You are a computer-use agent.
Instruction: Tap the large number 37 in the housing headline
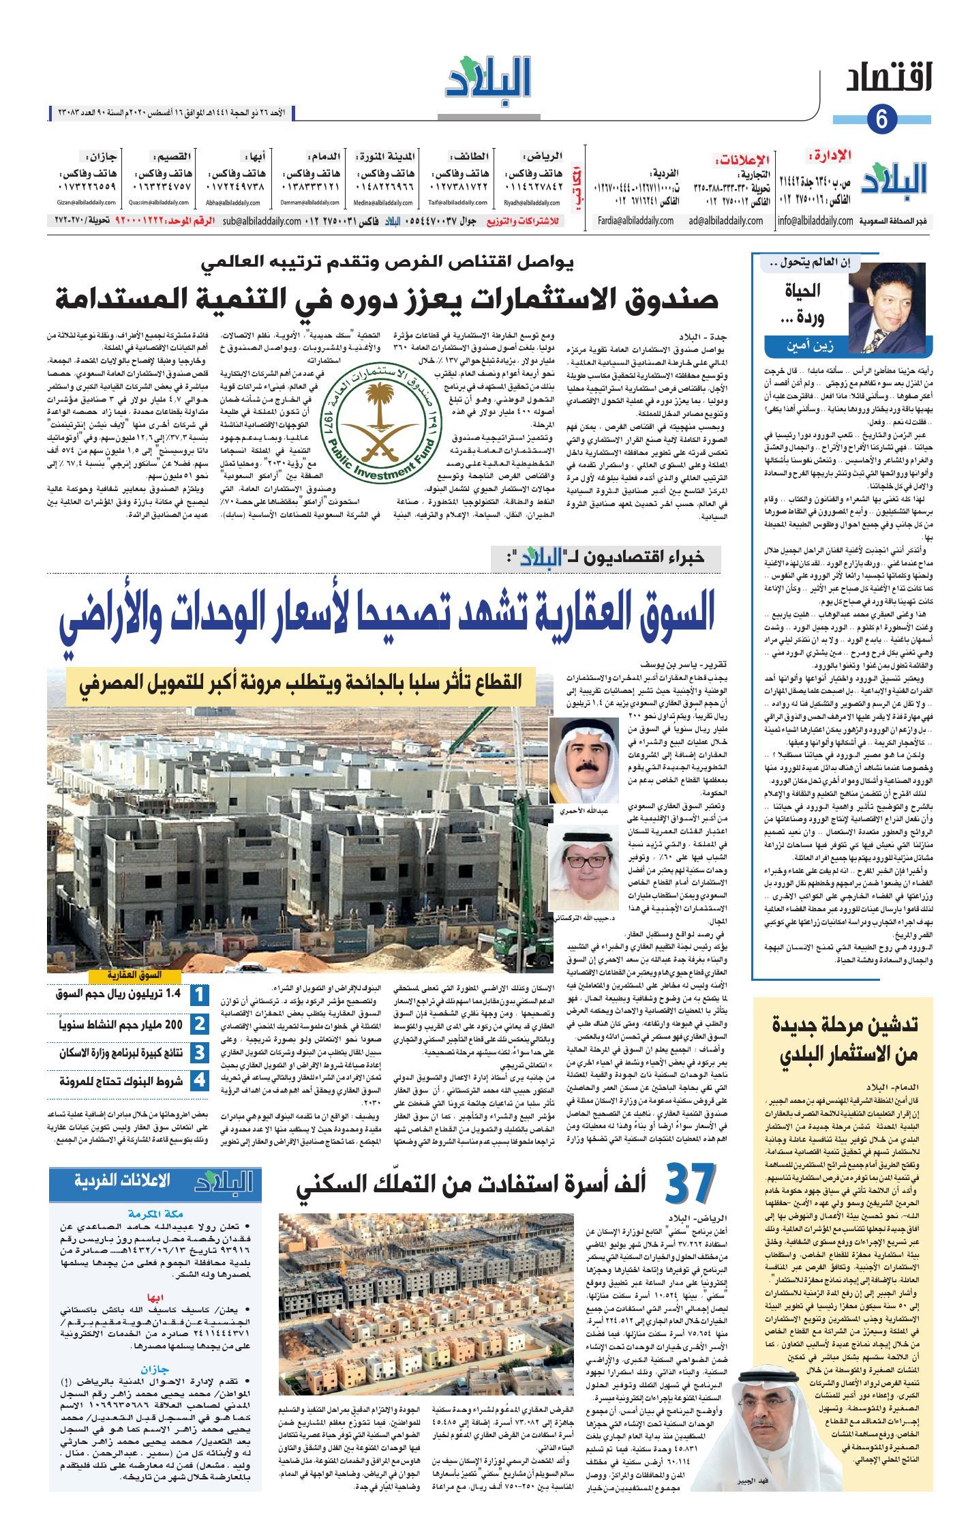[x=690, y=1186]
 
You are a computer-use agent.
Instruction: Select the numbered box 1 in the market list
[x=198, y=995]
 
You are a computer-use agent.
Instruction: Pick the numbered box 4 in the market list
[x=198, y=1081]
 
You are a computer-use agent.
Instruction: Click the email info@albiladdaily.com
[x=815, y=220]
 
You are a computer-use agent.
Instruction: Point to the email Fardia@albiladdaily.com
[x=635, y=220]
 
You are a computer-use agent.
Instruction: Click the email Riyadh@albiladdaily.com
[x=531, y=203]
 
